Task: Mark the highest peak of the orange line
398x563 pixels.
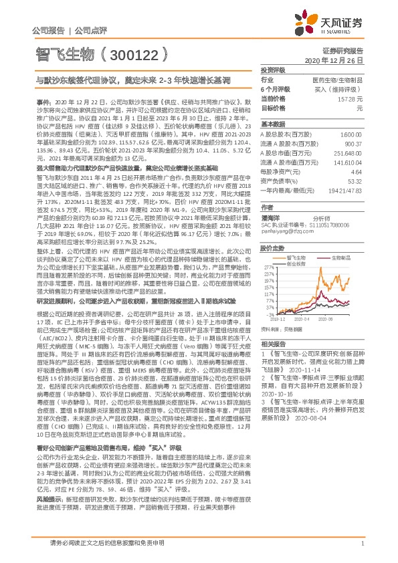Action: (334, 253)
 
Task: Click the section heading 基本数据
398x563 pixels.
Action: (271, 125)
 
